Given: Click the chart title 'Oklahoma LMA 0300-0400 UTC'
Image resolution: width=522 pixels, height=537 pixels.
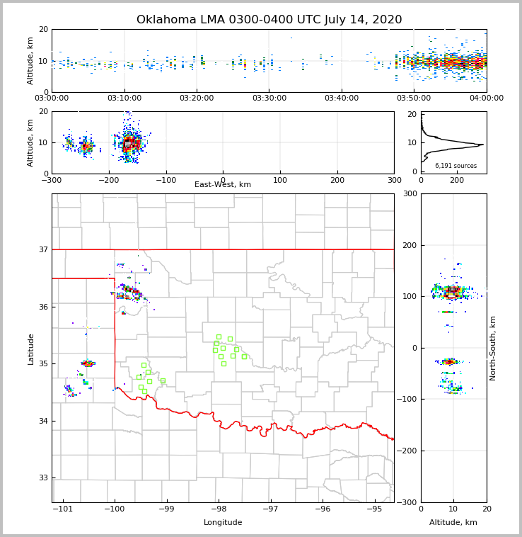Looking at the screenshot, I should coord(269,20).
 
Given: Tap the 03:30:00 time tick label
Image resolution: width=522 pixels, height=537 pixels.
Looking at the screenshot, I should coord(269,98).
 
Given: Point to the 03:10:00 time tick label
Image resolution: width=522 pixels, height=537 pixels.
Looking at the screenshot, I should coord(124,98).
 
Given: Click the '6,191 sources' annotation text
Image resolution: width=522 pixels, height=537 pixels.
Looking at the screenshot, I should coord(456,166).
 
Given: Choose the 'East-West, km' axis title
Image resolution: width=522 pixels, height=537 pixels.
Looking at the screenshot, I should coord(223,185).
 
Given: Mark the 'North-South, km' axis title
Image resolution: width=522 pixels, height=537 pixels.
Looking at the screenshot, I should coord(493,348).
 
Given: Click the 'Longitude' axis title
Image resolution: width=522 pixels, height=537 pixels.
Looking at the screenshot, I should coord(223,523).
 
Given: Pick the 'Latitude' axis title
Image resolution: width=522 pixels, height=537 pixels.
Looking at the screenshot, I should coord(30,349).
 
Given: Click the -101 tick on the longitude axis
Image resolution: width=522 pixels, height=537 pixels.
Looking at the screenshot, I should coord(63,509).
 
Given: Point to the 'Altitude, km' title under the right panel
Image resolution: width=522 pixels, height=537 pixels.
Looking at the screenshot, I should coord(453,523).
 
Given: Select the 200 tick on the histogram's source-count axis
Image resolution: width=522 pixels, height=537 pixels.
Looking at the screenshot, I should coord(457,180).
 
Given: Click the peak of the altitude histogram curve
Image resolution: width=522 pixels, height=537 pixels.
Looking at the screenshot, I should coord(483,145).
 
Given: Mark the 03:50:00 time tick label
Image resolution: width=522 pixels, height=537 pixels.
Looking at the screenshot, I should coord(414,98).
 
